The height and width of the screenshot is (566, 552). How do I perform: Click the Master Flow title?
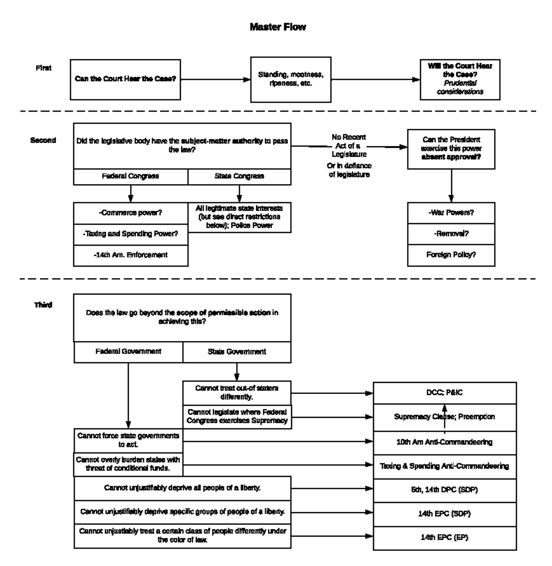277,27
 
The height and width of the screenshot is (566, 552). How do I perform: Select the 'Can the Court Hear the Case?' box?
125,79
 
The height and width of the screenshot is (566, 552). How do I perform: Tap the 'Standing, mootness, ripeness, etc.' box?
290,80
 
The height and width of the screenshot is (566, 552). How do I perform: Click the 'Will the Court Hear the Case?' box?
460,79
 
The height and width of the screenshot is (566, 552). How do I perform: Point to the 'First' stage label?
44,68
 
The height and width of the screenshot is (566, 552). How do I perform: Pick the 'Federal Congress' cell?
131,177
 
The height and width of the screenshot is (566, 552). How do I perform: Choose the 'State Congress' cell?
239,177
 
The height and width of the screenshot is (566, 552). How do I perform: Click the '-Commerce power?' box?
131,213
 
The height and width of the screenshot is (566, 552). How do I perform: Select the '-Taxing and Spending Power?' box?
131,234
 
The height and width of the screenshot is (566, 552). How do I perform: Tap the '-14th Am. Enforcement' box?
131,255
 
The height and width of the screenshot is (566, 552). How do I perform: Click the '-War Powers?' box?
451,213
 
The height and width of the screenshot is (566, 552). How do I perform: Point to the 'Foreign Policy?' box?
451,254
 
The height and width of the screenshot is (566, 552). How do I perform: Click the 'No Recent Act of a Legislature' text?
349,145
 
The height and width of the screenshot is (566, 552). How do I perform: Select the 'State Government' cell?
236,352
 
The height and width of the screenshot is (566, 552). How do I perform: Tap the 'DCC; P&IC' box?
444,393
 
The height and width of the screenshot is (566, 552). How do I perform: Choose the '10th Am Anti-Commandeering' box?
444,442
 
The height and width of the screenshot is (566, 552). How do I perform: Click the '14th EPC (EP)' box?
444,537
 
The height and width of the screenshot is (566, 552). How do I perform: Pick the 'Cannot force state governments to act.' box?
128,440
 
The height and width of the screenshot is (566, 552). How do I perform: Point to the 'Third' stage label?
43,305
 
